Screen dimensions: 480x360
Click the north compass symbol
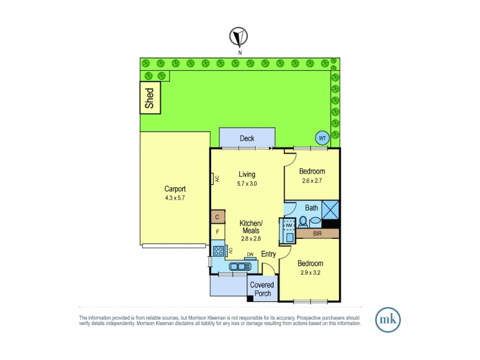click(x=238, y=37)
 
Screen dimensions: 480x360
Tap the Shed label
click(x=149, y=98)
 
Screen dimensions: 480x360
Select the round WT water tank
click(x=322, y=139)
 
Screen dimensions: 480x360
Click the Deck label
click(x=247, y=139)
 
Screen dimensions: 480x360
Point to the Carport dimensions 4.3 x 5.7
click(x=175, y=198)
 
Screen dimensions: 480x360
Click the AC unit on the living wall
click(x=212, y=179)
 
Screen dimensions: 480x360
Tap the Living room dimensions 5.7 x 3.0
click(x=247, y=184)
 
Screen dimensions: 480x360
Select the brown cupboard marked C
click(x=218, y=217)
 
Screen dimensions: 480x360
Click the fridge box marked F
click(x=218, y=232)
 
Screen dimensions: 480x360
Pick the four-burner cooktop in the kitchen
click(x=218, y=251)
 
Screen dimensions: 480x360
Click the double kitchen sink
click(x=241, y=266)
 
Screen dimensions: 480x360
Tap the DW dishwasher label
click(x=250, y=254)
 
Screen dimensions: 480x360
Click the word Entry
click(x=268, y=254)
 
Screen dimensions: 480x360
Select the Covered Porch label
click(x=262, y=289)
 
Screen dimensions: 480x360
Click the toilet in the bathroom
click(x=303, y=221)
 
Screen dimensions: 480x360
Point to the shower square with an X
click(x=331, y=209)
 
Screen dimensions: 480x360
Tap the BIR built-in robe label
click(x=317, y=233)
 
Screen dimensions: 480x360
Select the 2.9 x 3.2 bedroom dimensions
click(x=310, y=272)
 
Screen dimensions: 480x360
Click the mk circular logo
click(x=388, y=320)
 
